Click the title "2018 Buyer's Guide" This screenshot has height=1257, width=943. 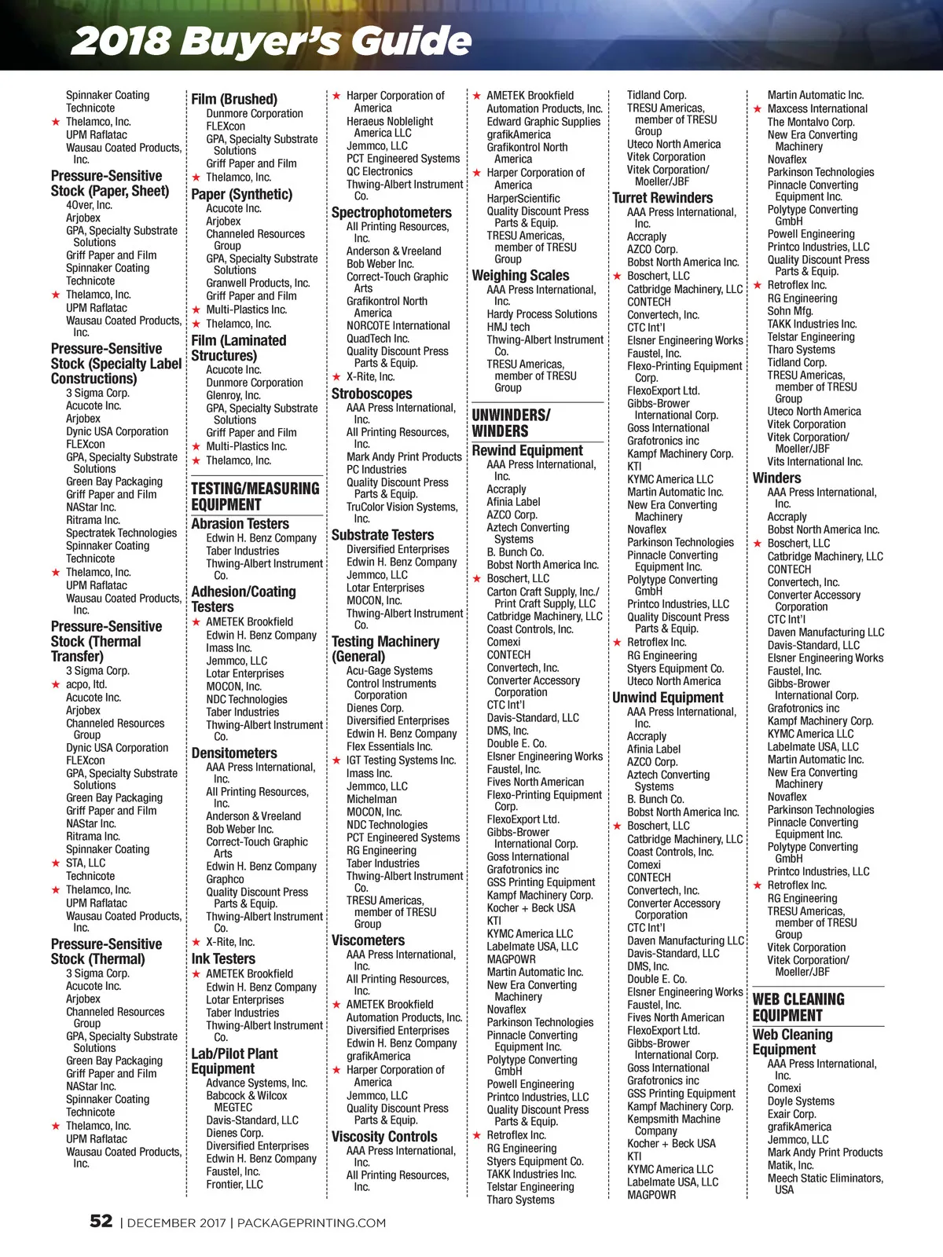click(x=271, y=40)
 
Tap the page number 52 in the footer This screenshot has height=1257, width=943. click(x=101, y=1221)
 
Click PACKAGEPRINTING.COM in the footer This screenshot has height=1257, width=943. click(x=311, y=1222)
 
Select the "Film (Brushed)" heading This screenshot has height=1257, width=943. click(x=234, y=99)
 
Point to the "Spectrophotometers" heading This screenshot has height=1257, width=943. click(x=391, y=212)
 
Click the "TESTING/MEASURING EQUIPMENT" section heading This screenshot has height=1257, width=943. click(x=255, y=497)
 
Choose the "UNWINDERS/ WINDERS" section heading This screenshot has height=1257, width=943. click(x=511, y=423)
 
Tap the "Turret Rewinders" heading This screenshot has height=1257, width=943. click(x=662, y=198)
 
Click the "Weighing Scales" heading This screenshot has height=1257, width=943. click(x=520, y=275)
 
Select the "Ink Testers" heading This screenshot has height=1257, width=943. click(x=223, y=958)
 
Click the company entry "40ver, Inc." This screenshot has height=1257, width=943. click(x=89, y=205)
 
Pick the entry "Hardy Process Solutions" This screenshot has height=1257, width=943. click(x=541, y=314)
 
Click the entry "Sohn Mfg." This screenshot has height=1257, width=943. click(x=790, y=311)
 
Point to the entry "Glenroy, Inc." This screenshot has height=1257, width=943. click(x=233, y=395)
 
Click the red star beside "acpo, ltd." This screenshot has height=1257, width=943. click(x=56, y=684)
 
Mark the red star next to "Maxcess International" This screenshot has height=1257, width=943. click(x=758, y=109)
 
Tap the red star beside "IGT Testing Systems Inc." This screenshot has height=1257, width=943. click(x=336, y=760)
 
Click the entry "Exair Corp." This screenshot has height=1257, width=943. click(x=791, y=1114)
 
